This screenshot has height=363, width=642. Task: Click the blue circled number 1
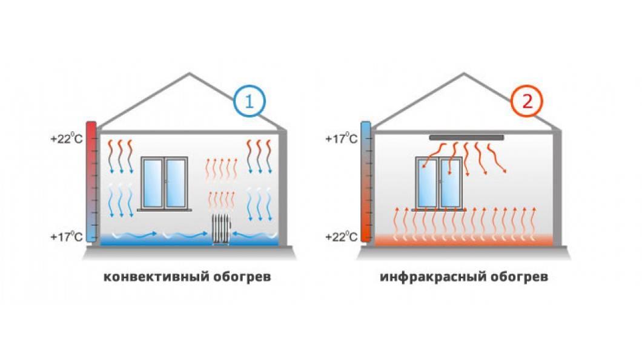click(249, 102)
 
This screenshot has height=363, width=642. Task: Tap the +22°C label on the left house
click(66, 139)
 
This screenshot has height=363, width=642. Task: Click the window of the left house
click(164, 183)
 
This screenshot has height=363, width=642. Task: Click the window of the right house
click(440, 183)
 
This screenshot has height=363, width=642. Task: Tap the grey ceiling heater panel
click(466, 138)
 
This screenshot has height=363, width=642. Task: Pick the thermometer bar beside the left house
click(91, 181)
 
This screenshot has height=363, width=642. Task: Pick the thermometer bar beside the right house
click(366, 181)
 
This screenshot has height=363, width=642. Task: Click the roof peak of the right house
click(466, 75)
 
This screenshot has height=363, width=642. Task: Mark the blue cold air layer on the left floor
click(151, 240)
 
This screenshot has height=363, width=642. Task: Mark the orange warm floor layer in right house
click(463, 240)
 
